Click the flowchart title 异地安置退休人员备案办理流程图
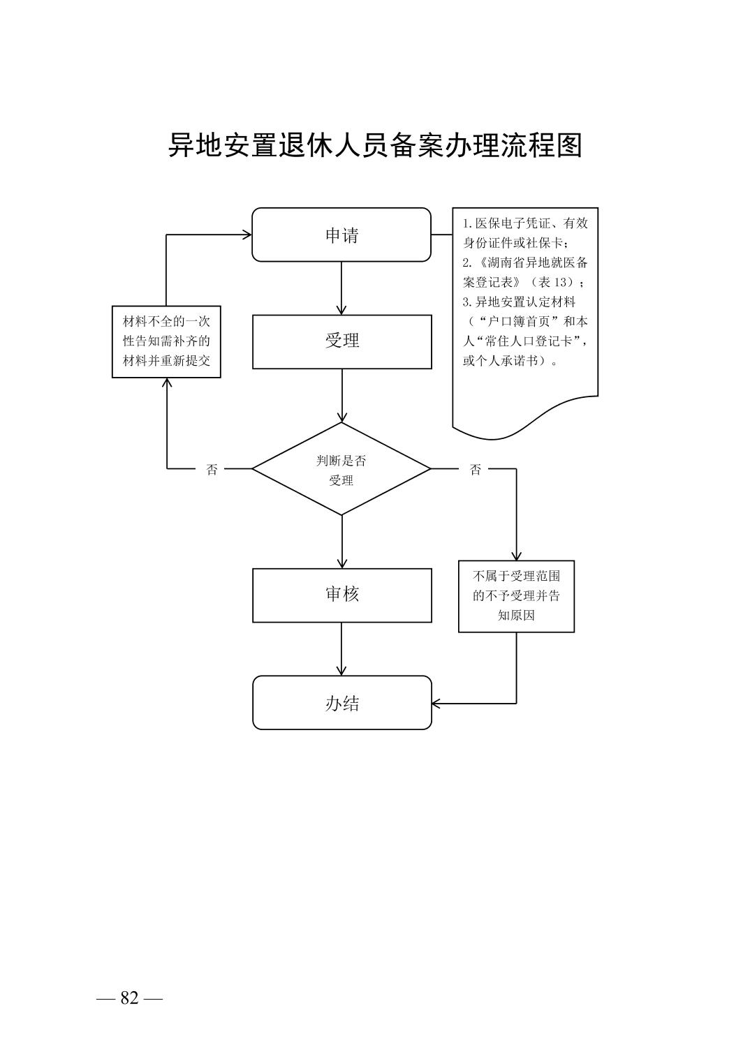(375, 145)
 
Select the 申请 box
(341, 235)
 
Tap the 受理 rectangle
(341, 341)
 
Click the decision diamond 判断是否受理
(341, 470)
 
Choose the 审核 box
(341, 595)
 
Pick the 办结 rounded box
(341, 703)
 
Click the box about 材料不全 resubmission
(166, 341)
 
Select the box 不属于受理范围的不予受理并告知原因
(516, 596)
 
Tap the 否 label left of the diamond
(212, 470)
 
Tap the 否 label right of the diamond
(476, 470)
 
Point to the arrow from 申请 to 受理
(341, 288)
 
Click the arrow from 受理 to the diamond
(341, 395)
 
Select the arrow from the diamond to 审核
(341, 541)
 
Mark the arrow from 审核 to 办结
(341, 648)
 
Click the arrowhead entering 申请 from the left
(247, 235)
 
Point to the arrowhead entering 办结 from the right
(437, 703)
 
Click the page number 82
(130, 998)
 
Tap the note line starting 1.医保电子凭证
(525, 223)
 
